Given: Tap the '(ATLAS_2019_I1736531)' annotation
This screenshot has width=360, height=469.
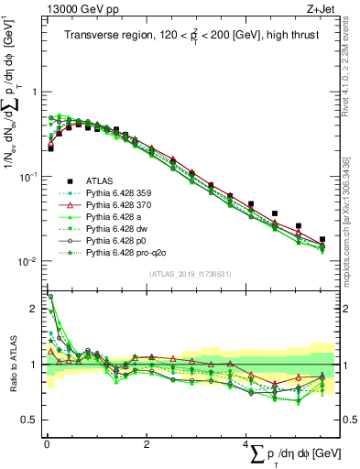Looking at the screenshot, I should (191, 274).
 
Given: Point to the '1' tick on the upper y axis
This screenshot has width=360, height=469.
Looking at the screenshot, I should (33, 92).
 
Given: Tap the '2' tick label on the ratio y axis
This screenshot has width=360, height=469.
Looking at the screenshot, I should (33, 310).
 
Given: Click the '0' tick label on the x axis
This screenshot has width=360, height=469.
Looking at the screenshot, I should (46, 445).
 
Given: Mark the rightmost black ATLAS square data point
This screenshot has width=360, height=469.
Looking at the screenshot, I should (322, 239).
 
